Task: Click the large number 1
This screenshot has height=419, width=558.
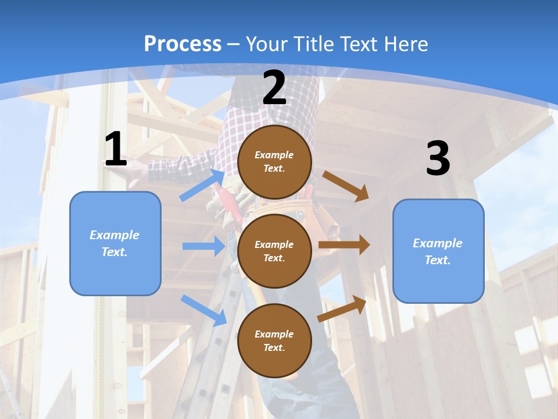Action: point(116,150)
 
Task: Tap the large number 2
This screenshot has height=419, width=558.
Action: point(274,88)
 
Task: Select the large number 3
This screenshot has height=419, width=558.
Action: point(438,159)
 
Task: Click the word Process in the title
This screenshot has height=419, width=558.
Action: point(183,44)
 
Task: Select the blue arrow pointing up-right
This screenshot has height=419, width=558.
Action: point(202,185)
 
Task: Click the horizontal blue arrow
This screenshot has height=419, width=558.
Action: point(203,246)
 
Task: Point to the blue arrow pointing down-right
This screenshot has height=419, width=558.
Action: point(204,310)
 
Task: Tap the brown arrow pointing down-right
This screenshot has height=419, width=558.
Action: point(345,186)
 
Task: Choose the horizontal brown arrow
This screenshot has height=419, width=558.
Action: point(344,245)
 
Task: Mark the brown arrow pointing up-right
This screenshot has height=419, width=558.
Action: point(342,308)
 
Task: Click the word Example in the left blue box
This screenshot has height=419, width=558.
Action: point(115,235)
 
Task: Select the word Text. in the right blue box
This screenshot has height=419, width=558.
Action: point(438,260)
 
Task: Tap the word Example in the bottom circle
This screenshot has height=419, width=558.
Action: point(274,334)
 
